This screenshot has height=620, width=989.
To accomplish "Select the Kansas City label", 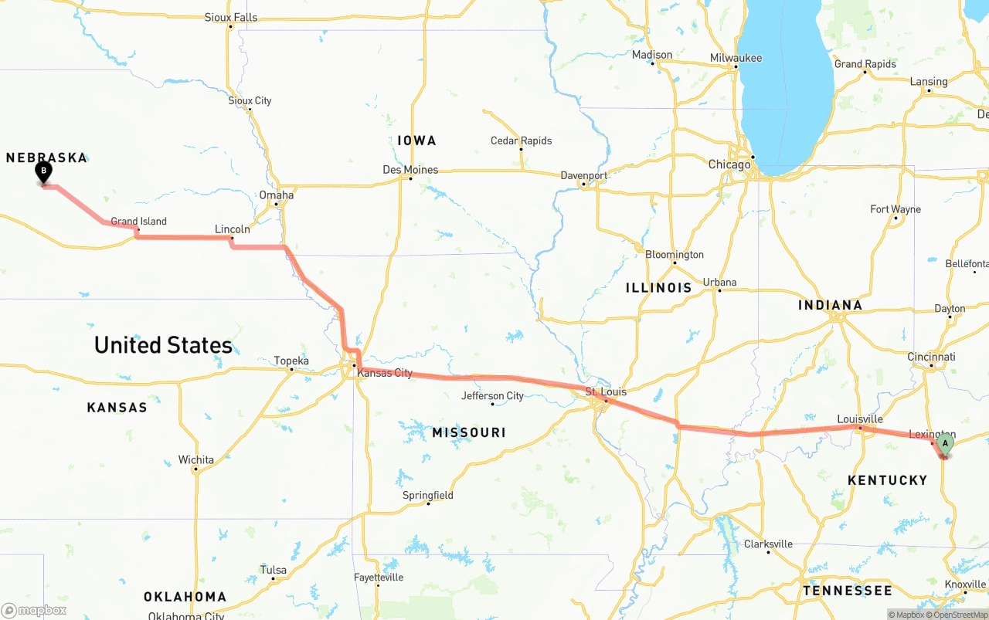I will pyautogui.click(x=385, y=374).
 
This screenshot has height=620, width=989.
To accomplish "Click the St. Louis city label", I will pyautogui.click(x=606, y=391).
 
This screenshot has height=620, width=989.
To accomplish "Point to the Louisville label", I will pyautogui.click(x=860, y=419).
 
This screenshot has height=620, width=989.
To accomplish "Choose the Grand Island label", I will pyautogui.click(x=138, y=222).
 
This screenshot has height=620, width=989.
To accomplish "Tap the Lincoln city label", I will pyautogui.click(x=232, y=229).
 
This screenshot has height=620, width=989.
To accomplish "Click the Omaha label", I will pyautogui.click(x=277, y=195).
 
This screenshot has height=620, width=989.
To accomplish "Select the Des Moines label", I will pyautogui.click(x=410, y=170).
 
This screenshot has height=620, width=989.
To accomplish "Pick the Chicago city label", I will pyautogui.click(x=729, y=164).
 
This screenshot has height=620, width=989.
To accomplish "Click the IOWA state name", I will pyautogui.click(x=416, y=141).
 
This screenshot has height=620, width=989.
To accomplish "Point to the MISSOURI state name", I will pyautogui.click(x=469, y=432).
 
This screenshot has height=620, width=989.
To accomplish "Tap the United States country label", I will pyautogui.click(x=163, y=345).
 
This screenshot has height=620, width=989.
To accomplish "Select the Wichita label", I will pyautogui.click(x=196, y=460).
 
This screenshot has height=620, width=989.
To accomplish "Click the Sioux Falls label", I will pyautogui.click(x=231, y=18).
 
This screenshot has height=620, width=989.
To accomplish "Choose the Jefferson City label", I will pyautogui.click(x=492, y=396).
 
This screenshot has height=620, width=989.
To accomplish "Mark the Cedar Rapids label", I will pyautogui.click(x=522, y=141).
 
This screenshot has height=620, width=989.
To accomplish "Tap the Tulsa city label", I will pyautogui.click(x=273, y=571).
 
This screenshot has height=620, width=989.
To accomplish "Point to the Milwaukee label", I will pyautogui.click(x=736, y=59).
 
